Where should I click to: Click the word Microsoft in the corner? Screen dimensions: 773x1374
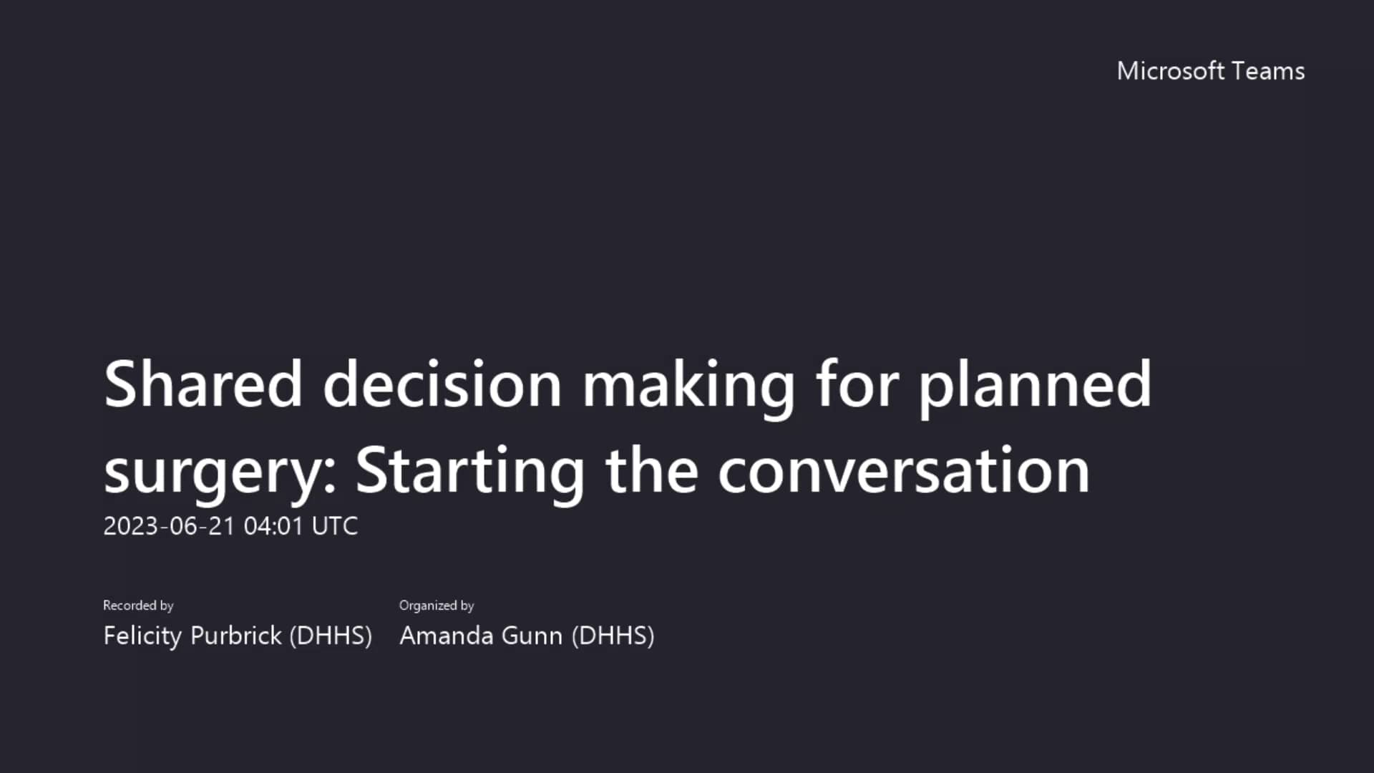pos(1171,71)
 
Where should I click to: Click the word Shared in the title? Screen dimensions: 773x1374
pos(203,384)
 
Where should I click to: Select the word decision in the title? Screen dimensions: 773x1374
pos(442,384)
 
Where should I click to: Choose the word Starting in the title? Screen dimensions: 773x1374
pos(470,472)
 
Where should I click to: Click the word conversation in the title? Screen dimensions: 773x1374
pos(904,472)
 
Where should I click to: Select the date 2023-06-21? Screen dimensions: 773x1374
pos(169,526)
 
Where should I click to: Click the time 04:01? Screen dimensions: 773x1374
pos(274,526)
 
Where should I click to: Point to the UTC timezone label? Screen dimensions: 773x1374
pos(335,526)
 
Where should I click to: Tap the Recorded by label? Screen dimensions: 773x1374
pos(138,606)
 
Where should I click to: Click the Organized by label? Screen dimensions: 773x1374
pos(437,606)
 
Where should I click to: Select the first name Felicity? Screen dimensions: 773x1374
pos(142,636)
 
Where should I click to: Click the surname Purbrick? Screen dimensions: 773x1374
pos(236,636)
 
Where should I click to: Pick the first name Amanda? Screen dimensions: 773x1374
pos(446,636)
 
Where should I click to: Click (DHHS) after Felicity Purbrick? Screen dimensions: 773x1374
pos(331,636)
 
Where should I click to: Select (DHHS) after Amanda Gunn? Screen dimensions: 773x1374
pos(613,636)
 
